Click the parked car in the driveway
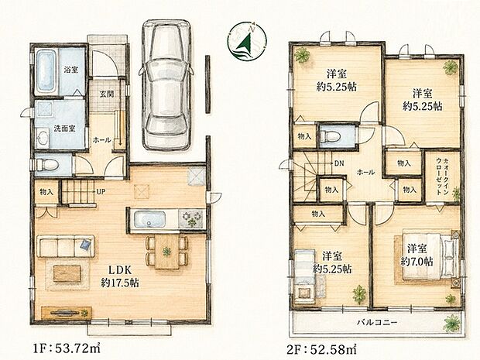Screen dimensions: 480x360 tap(166, 85)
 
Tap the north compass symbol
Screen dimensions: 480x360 tap(247, 41)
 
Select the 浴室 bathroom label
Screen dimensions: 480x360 tap(71, 70)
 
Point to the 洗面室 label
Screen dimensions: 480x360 tap(64, 129)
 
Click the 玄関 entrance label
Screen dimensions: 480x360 tap(107, 94)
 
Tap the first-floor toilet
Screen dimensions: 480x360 tap(47, 165)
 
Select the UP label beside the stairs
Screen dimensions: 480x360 tap(101, 192)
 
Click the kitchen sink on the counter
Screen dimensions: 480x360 tap(149, 219)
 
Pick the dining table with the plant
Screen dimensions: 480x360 tap(166, 252)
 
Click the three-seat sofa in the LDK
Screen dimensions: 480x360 tap(66, 246)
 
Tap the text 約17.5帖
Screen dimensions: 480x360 tap(120, 283)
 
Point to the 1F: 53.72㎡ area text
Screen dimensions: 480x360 tap(67, 348)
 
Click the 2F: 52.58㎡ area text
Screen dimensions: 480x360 tap(322, 348)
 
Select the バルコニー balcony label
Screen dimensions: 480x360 tap(377, 322)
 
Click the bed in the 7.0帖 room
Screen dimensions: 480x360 tap(429, 256)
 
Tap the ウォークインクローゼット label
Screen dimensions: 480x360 tap(442, 177)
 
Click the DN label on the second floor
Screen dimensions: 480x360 tap(338, 163)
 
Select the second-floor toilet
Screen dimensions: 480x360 tap(330, 135)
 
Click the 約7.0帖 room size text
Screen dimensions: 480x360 tap(417, 262)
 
